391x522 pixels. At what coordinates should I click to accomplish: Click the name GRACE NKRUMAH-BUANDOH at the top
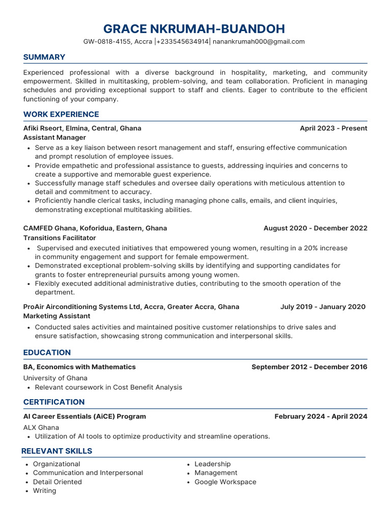[x=194, y=29]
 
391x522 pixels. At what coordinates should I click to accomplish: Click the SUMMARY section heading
[x=44, y=57]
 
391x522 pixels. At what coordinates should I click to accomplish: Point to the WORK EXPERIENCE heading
[x=61, y=114]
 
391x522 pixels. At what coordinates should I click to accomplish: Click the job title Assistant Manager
[x=54, y=138]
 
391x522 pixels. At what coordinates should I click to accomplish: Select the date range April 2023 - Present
[x=333, y=128]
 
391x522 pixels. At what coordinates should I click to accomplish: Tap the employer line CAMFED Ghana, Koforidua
[x=95, y=228]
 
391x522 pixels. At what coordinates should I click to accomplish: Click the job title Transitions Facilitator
[x=60, y=238]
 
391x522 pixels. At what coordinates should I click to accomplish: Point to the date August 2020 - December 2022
[x=315, y=228]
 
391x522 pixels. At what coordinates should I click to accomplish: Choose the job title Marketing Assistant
[x=57, y=316]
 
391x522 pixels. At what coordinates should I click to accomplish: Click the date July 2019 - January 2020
[x=322, y=307]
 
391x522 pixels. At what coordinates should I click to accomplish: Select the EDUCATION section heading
[x=47, y=353]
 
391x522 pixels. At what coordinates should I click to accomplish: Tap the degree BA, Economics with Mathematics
[x=79, y=367]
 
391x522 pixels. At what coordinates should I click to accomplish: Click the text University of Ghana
[x=55, y=378]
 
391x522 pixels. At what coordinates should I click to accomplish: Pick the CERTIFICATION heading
[x=54, y=402]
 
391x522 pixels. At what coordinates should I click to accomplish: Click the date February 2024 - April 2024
[x=320, y=416]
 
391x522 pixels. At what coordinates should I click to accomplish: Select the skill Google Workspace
[x=225, y=482]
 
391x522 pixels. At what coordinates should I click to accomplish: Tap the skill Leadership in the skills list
[x=212, y=464]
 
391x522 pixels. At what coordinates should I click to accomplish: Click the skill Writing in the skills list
[x=44, y=491]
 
